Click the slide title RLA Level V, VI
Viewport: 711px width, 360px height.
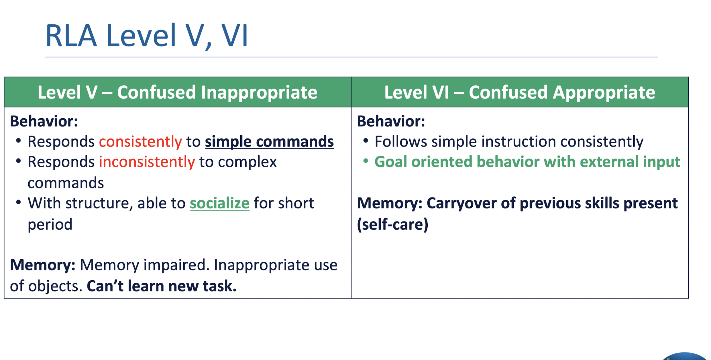pos(146,36)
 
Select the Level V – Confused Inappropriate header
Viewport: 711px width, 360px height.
pos(177,92)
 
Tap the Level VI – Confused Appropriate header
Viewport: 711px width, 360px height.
pos(519,92)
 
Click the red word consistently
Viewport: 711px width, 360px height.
pos(140,142)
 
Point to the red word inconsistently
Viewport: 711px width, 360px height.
pos(147,162)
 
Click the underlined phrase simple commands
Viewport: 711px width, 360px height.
pos(269,142)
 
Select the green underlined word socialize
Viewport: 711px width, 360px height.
pos(219,204)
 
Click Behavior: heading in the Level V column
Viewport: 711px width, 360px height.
pos(44,121)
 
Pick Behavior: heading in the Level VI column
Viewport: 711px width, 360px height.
pos(391,121)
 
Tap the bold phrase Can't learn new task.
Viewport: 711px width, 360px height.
pos(162,286)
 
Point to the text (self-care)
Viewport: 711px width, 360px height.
pos(392,224)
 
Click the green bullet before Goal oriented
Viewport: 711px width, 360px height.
pos(366,161)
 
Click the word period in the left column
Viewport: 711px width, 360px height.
pos(50,224)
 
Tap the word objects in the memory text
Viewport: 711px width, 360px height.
pos(53,286)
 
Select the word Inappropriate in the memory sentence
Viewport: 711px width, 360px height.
pos(261,265)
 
